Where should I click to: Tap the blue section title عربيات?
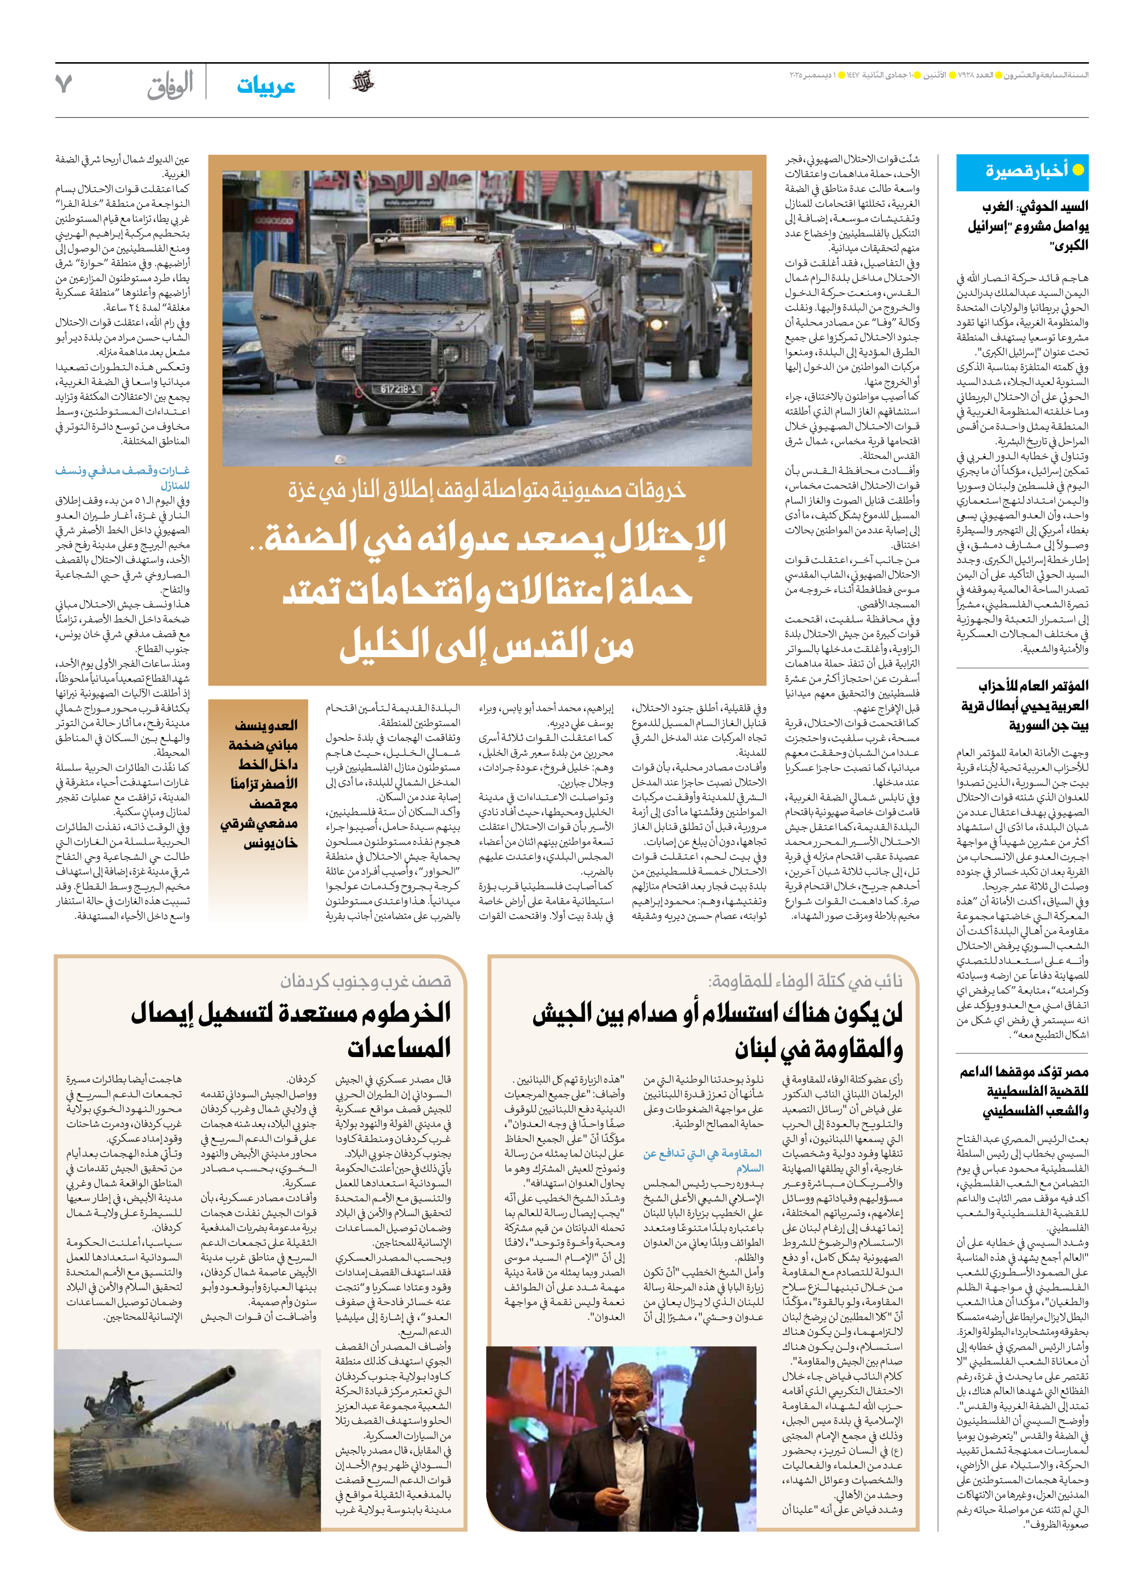pos(266,86)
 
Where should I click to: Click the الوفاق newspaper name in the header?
pos(170,86)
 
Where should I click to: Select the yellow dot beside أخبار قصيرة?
pos(1078,170)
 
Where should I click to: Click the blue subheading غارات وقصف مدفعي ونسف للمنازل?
pos(123,477)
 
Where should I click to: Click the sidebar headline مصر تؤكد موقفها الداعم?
pos(1024,1091)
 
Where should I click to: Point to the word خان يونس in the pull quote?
pos(270,844)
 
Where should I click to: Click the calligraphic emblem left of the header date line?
pos(362,82)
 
